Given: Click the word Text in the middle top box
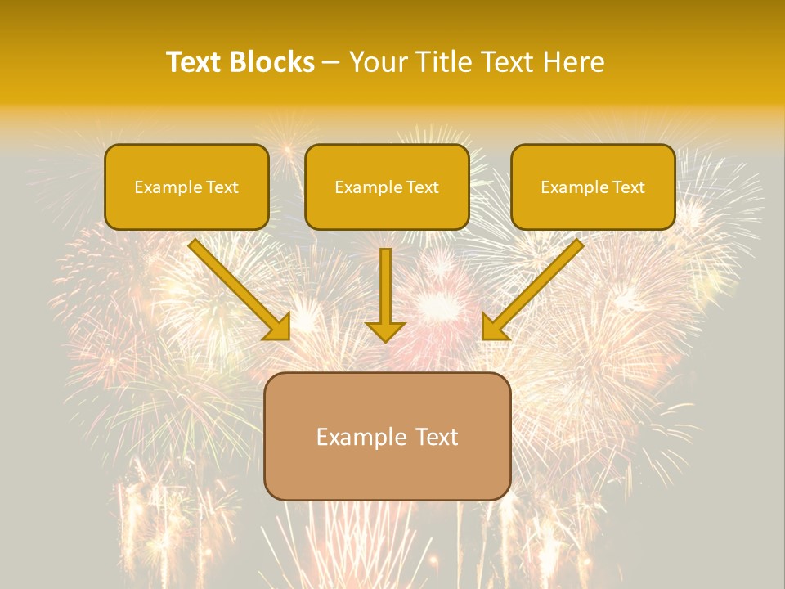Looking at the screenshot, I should (x=423, y=187).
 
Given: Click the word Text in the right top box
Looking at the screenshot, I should (x=629, y=187).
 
